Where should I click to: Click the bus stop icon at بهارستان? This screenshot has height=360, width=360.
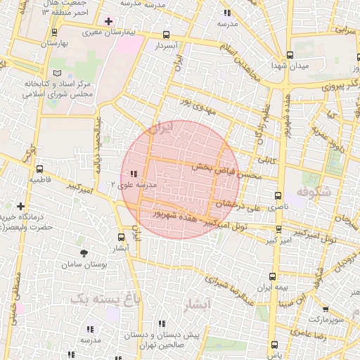click(55, 32)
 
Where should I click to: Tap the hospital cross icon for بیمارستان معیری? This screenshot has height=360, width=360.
click(108, 21)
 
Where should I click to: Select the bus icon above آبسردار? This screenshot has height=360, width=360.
click(166, 34)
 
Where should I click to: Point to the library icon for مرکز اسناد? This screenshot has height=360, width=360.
click(58, 72)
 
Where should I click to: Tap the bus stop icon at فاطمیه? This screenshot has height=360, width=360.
click(39, 169)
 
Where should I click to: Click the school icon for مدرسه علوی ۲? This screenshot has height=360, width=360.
click(134, 174)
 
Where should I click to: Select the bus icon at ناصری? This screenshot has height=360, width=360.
click(278, 196)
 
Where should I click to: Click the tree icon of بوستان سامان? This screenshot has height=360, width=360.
click(84, 252)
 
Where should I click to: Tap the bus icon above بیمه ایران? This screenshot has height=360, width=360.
click(272, 277)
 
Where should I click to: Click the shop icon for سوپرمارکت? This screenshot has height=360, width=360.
click(325, 308)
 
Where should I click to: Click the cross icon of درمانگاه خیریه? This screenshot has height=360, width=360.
click(20, 207)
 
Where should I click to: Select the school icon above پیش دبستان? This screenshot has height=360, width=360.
click(162, 324)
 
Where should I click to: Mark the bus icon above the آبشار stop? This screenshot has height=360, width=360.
click(121, 238)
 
